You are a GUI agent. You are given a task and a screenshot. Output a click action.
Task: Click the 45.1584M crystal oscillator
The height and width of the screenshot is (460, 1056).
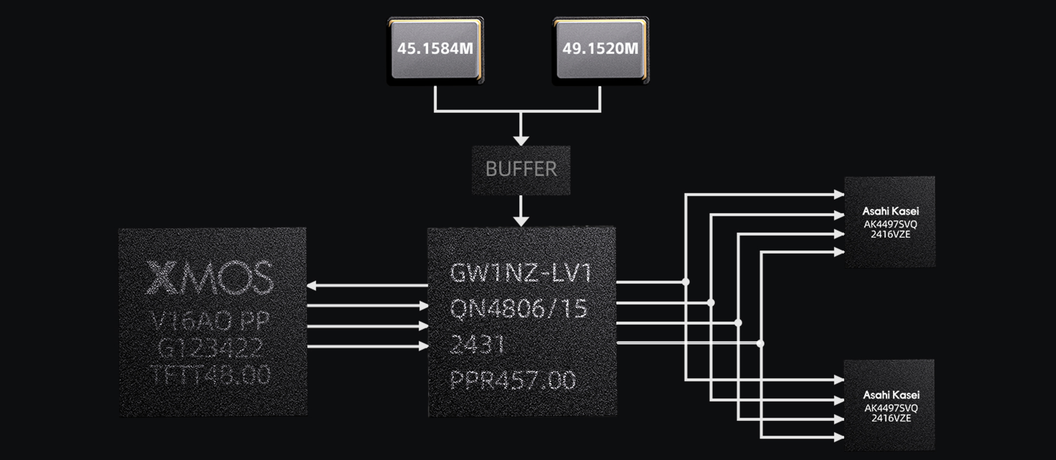[435, 50]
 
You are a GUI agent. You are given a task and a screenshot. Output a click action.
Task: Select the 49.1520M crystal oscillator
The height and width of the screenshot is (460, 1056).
[600, 50]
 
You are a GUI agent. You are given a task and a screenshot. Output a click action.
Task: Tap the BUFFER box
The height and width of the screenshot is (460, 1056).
[521, 169]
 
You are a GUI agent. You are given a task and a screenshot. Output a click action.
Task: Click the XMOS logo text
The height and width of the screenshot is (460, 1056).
[210, 278]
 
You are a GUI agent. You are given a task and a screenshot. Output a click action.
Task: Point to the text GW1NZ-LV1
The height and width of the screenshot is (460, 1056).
[520, 273]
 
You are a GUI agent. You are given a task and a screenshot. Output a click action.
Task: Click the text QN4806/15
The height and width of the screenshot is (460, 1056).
[519, 309]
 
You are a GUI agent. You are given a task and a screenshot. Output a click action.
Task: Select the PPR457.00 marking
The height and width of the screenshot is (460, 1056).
[513, 380]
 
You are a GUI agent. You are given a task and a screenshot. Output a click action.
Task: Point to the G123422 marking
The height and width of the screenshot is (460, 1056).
[210, 348]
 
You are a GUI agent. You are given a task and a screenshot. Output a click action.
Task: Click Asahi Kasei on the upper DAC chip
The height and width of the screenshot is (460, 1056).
[890, 211]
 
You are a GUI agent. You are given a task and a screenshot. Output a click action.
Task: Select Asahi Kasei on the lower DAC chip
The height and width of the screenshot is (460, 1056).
[891, 395]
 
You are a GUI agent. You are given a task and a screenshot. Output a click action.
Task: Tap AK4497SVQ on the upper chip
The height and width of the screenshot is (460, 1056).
[890, 224]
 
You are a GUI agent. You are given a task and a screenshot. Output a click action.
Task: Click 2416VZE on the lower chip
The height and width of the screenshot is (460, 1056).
[891, 418]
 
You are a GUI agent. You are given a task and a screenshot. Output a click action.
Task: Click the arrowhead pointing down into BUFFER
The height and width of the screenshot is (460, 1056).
[521, 140]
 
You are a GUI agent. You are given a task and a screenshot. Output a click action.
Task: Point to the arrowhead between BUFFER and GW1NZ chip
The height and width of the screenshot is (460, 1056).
[521, 221]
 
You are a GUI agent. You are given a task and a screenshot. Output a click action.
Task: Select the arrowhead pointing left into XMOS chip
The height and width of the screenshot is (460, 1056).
[312, 286]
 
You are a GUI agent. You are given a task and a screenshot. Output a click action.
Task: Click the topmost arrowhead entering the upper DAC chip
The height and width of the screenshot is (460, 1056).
[839, 194]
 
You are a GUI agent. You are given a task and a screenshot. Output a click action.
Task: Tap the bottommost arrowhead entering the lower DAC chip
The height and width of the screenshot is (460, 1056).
[839, 438]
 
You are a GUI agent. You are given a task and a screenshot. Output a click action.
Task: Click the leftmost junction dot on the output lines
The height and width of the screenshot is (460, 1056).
[686, 282]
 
